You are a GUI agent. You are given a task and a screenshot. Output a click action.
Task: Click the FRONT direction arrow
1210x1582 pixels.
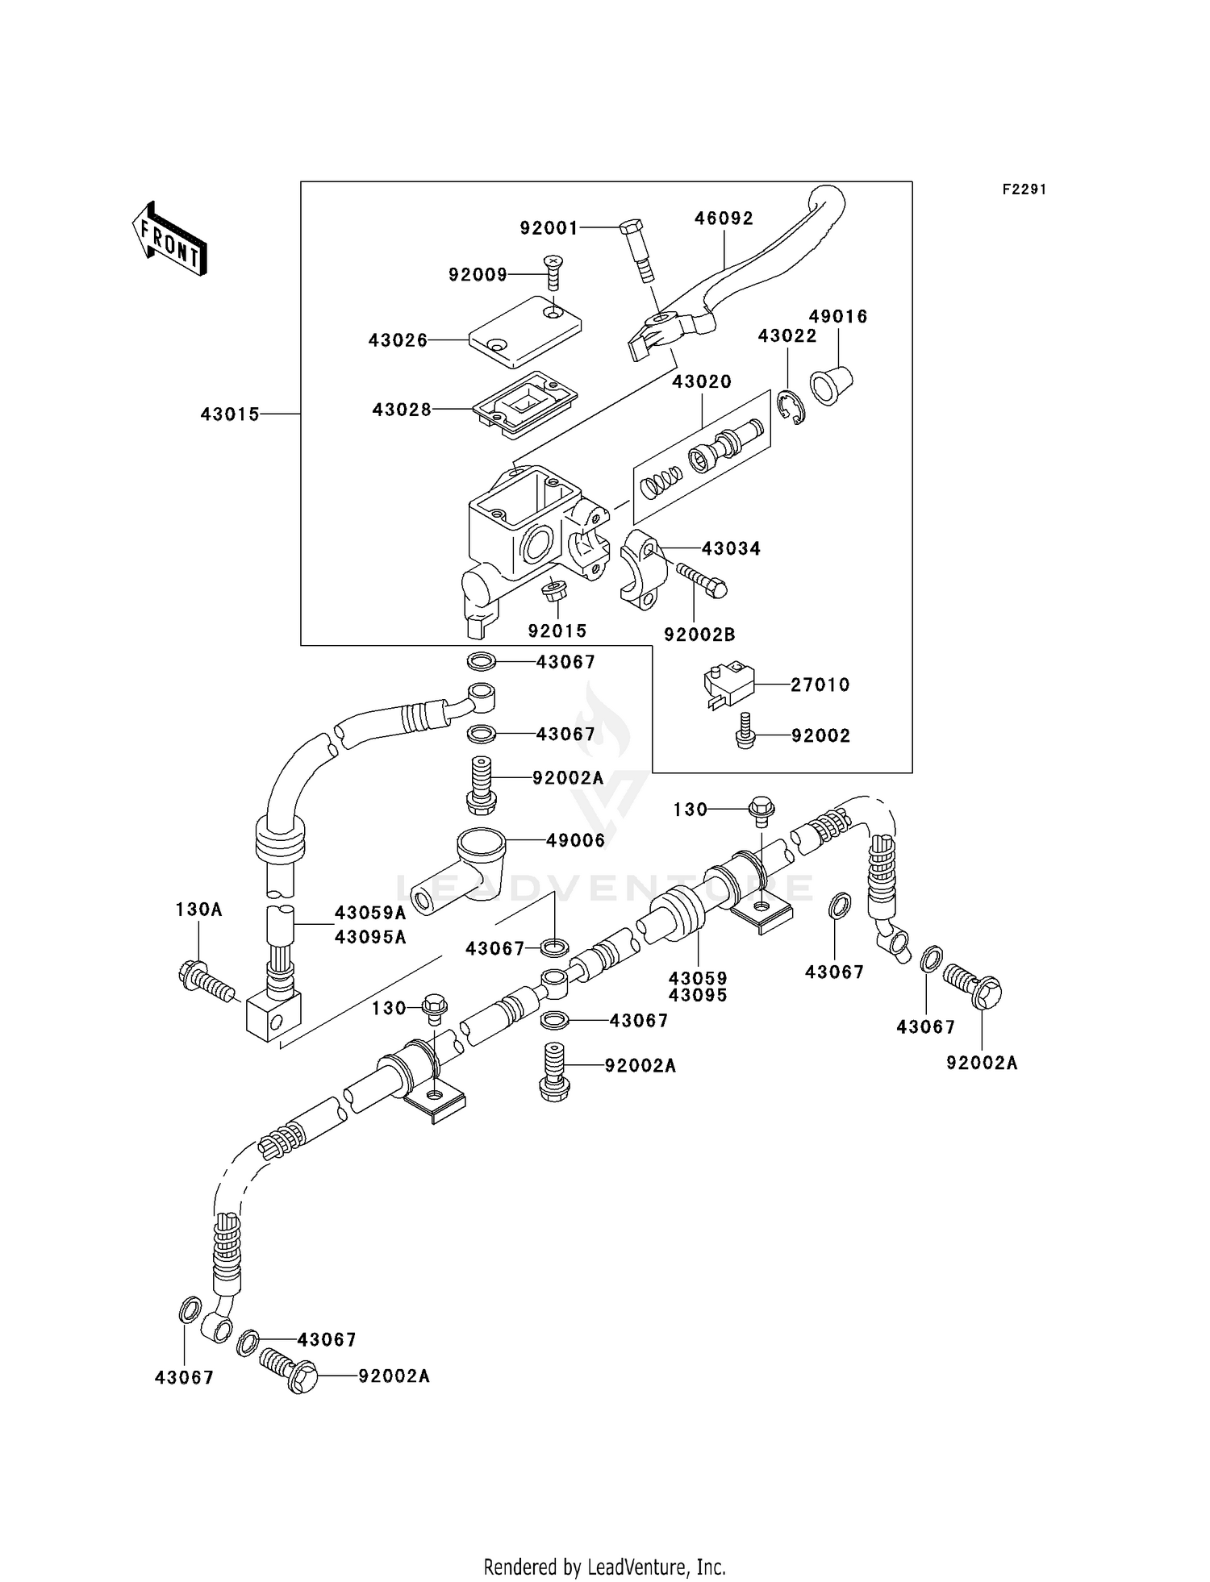tap(169, 239)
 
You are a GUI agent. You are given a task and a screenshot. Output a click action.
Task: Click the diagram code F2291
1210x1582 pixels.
tap(1024, 189)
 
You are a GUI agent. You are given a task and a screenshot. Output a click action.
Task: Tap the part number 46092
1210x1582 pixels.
tap(724, 219)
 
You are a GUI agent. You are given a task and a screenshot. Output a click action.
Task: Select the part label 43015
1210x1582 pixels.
tap(230, 414)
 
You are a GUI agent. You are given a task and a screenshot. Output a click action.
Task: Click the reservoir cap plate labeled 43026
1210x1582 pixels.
tap(525, 324)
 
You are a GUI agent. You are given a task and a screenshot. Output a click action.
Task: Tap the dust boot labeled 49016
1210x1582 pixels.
tap(832, 386)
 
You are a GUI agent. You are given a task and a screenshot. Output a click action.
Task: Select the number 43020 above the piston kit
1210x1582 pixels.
tap(702, 381)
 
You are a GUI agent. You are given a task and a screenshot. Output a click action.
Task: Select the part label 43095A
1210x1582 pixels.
tap(370, 937)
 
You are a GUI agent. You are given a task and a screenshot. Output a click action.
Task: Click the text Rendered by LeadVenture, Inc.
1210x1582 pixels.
tap(604, 1567)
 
